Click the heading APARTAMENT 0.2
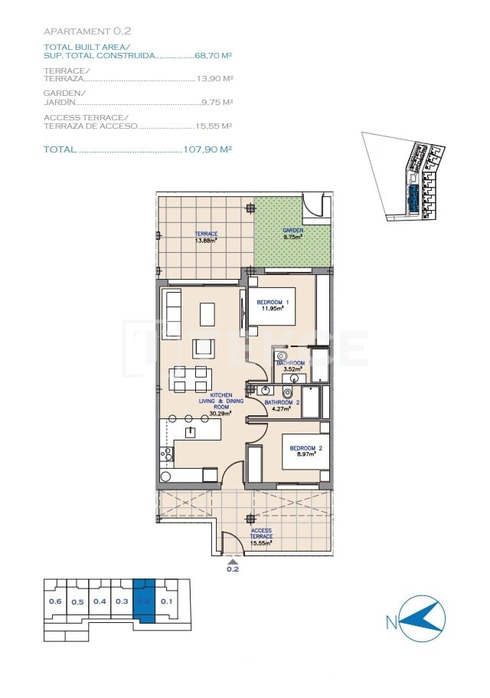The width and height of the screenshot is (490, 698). click(87, 31)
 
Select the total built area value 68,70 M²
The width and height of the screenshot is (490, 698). click(214, 56)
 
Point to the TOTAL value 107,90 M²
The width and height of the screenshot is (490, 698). click(207, 149)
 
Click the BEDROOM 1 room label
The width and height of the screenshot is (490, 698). click(273, 303)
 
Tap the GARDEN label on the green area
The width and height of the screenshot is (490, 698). click(292, 230)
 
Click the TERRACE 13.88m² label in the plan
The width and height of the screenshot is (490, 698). click(205, 237)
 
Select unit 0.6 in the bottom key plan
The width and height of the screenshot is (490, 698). click(55, 601)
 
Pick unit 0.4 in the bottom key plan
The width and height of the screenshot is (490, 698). click(100, 601)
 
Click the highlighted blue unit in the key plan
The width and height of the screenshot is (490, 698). click(144, 601)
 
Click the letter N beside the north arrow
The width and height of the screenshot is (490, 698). click(391, 623)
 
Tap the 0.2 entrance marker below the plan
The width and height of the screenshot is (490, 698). click(233, 569)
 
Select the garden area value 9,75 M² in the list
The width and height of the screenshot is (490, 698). click(217, 102)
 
